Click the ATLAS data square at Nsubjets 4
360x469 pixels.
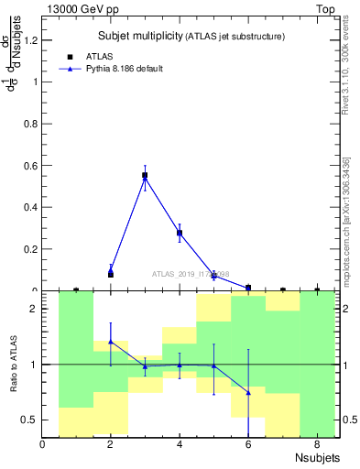pos(180,233)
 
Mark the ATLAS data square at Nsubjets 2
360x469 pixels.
pos(111,274)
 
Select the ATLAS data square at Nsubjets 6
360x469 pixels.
pos(248,288)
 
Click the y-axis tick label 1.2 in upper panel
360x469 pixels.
pos(30,40)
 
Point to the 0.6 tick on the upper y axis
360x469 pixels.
pos(30,166)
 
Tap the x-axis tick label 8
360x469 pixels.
pos(317,445)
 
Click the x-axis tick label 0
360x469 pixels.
pos(42,445)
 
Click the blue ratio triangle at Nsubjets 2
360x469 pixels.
pos(111,341)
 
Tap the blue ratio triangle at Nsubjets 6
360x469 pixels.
pos(248,393)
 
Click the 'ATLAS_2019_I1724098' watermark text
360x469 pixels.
pos(191,274)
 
